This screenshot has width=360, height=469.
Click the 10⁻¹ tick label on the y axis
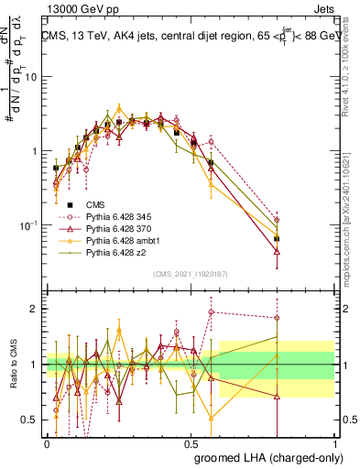click(27, 225)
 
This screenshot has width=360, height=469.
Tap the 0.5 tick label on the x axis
click(191, 442)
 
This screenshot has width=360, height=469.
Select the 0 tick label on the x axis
click(47, 442)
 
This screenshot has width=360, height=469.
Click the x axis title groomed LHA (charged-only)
click(278, 457)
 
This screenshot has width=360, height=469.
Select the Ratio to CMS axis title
click(14, 364)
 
